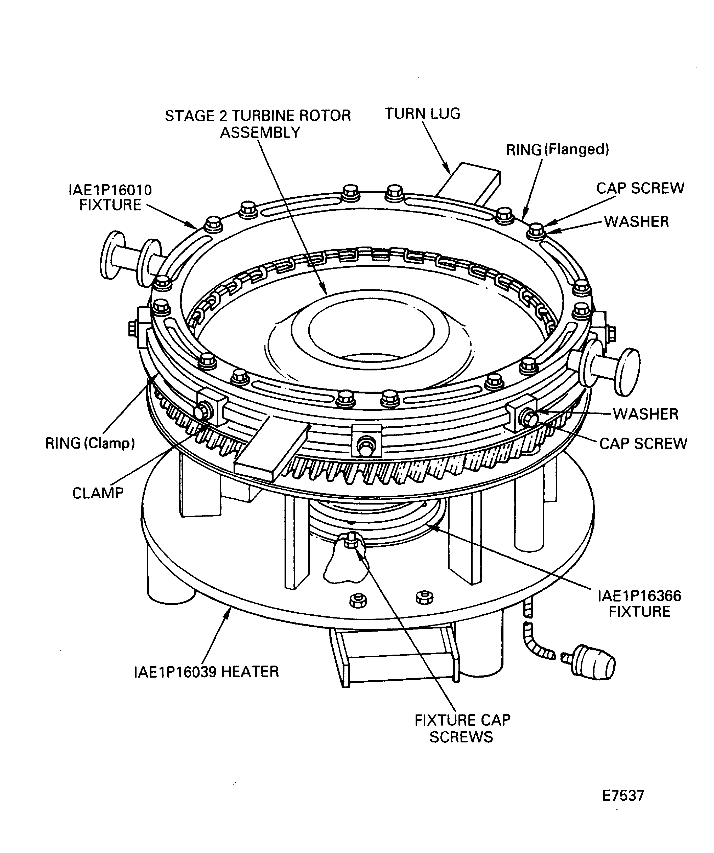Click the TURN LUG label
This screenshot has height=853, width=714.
coord(423,114)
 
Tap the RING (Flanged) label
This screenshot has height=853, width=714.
coord(558,150)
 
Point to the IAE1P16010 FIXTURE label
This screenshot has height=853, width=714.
coord(110,197)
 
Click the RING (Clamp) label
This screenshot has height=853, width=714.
coord(90,443)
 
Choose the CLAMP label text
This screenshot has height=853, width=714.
coord(98,493)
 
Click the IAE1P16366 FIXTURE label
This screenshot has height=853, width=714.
coord(639,604)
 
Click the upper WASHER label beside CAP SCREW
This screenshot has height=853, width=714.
coord(636,222)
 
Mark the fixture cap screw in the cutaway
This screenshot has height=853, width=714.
coord(351,541)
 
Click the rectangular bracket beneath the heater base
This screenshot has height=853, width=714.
coord(394,658)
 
